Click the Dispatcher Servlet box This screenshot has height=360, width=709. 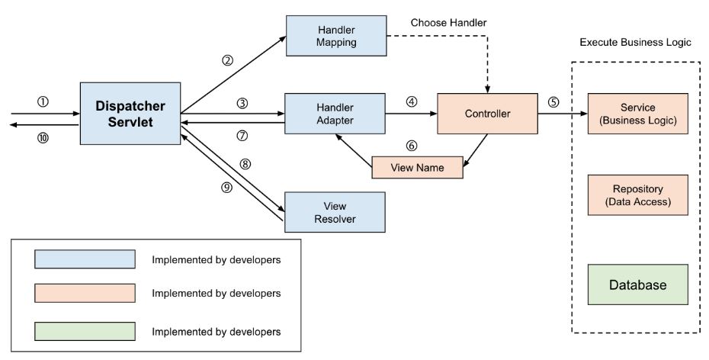click(130, 114)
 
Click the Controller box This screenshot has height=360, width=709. click(487, 114)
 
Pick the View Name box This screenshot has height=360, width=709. click(417, 167)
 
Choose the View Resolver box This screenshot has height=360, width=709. click(334, 212)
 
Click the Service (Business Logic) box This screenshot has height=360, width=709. click(638, 114)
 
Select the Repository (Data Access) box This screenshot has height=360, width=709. click(638, 194)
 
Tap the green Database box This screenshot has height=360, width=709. click(638, 284)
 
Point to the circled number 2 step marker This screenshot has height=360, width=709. click(227, 61)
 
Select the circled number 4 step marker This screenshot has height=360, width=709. click(412, 101)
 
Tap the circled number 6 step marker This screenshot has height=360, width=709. click(412, 144)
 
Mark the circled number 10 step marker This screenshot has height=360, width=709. click(43, 137)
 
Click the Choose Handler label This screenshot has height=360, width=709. click(448, 23)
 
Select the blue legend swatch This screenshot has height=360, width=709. click(85, 259)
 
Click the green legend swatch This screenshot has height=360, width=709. click(85, 331)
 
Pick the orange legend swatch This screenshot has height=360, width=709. click(85, 293)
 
